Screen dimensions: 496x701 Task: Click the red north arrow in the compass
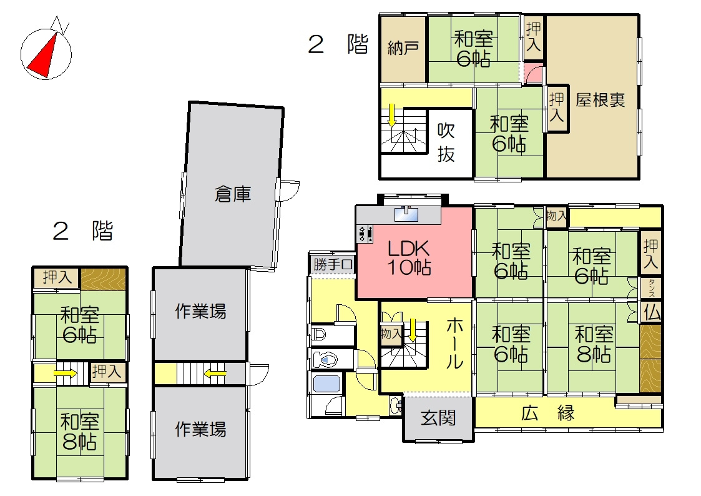point(42,56)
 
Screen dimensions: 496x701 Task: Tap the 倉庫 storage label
point(233,195)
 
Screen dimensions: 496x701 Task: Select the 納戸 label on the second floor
point(403,49)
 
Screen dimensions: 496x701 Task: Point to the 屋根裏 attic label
point(601,100)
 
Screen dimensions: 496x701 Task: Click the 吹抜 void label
point(446,142)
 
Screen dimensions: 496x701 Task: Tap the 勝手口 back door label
point(333,264)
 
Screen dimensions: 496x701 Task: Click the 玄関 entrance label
point(437,417)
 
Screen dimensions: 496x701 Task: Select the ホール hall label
point(454,344)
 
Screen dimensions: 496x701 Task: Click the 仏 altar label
point(651,312)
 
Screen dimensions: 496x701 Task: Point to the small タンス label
point(651,289)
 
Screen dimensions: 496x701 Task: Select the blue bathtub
point(325,384)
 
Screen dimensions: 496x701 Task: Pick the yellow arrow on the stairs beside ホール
point(413,329)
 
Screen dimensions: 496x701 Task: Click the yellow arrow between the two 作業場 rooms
point(216,374)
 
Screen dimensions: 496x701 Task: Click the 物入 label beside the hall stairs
point(391,334)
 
